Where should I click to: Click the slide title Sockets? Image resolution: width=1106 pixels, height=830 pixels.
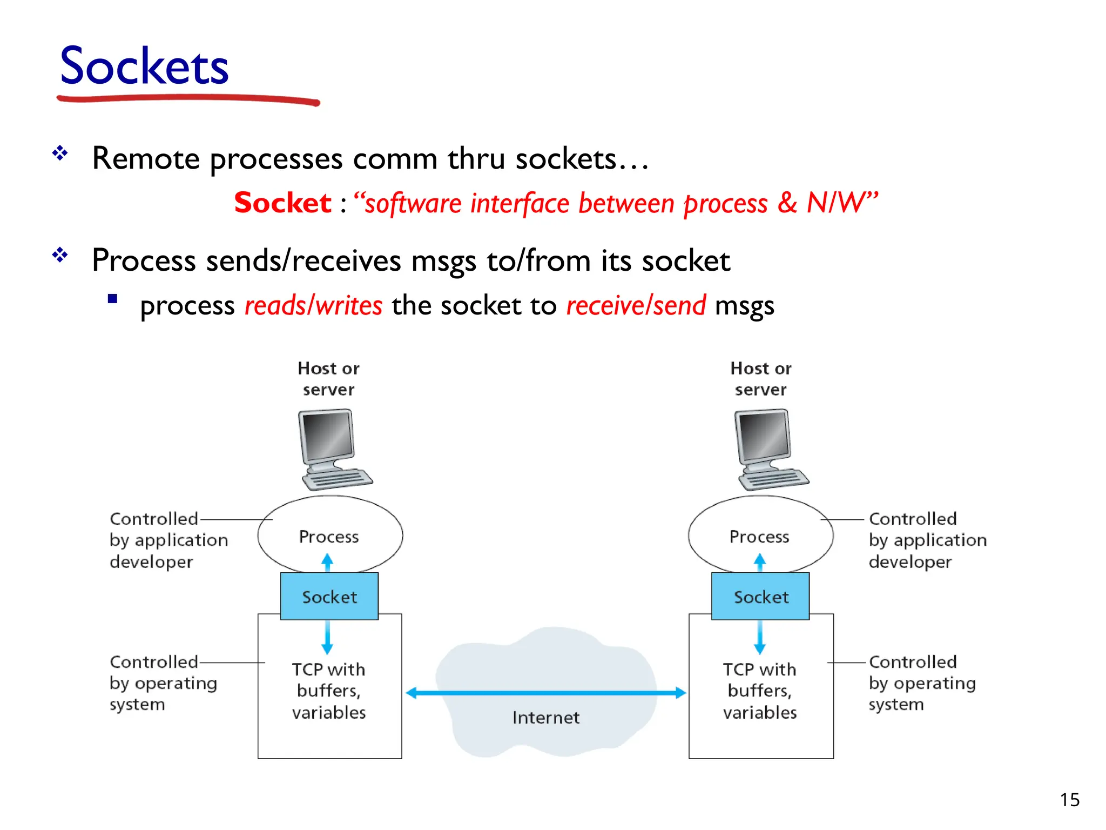point(144,67)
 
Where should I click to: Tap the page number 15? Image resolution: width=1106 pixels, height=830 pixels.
point(1069,800)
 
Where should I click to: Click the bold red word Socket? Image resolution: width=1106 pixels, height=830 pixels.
point(282,203)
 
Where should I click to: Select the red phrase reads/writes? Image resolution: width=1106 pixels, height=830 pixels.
point(313,306)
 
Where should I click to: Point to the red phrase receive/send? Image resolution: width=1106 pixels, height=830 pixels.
point(636,306)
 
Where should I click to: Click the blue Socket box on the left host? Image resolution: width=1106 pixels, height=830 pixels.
point(329,597)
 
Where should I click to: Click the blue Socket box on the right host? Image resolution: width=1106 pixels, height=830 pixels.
point(760,597)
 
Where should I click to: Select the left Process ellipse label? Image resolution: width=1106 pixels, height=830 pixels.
point(329,537)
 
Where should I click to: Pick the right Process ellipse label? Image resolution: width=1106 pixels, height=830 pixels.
point(759,537)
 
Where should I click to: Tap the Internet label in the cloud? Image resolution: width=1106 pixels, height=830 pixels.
point(545,718)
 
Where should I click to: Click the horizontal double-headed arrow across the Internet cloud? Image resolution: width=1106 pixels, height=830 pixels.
point(545,693)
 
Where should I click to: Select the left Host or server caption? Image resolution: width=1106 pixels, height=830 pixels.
point(328,379)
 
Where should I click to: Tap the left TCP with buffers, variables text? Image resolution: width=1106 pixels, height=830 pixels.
point(329,691)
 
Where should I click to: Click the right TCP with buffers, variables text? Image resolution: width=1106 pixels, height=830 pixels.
point(760,691)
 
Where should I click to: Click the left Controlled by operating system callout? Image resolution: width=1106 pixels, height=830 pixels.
point(163,683)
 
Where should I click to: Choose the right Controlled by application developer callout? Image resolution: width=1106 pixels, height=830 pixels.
point(927,540)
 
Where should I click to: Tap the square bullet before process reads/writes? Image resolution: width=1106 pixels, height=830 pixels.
point(113,299)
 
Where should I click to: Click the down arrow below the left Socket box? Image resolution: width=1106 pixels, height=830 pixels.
point(327,638)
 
